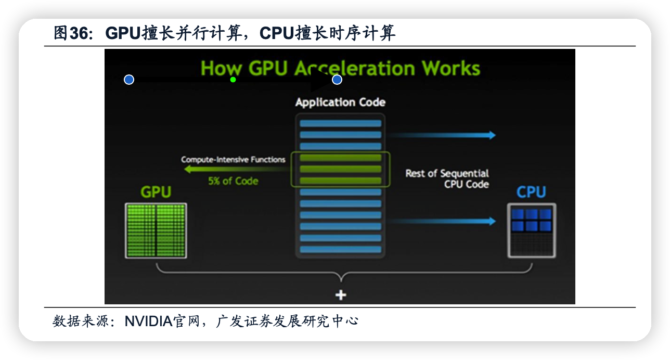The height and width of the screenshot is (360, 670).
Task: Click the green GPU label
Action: (x=156, y=192)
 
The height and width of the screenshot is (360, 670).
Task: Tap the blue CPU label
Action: (x=531, y=192)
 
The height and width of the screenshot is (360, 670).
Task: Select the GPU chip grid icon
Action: (x=156, y=230)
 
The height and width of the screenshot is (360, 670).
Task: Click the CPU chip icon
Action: (x=531, y=230)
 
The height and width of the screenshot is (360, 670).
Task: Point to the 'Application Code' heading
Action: (x=340, y=102)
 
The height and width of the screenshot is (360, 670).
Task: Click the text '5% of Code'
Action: (x=233, y=181)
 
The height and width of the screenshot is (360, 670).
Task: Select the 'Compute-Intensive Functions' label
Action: (x=233, y=160)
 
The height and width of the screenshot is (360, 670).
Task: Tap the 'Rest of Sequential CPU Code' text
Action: (x=447, y=178)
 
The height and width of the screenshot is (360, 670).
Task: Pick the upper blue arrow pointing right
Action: (x=442, y=135)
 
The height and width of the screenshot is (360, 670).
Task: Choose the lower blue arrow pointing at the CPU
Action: (x=442, y=221)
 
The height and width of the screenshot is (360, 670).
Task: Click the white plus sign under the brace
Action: (x=341, y=295)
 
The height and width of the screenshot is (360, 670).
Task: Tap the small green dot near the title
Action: (x=233, y=80)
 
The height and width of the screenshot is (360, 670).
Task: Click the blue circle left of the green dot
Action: (x=129, y=80)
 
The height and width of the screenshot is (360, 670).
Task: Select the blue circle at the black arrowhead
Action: (x=337, y=80)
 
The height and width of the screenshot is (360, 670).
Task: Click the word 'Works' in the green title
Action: (x=450, y=68)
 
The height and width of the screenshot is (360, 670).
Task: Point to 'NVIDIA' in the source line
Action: (x=148, y=321)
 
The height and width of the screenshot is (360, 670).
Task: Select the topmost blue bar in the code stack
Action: (x=341, y=124)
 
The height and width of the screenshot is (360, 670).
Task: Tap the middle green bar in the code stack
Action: (x=341, y=169)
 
